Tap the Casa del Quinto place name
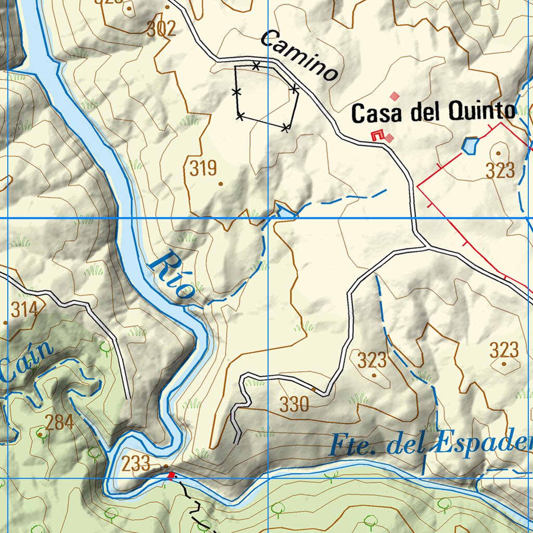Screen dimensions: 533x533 pyautogui.click(x=433, y=112)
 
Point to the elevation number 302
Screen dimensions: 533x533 pyautogui.click(x=161, y=29)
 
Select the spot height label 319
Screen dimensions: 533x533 pyautogui.click(x=203, y=169)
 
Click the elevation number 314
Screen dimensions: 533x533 pyautogui.click(x=25, y=310)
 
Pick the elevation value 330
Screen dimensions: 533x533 pyautogui.click(x=295, y=404)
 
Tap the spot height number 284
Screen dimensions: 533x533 pyautogui.click(x=59, y=422)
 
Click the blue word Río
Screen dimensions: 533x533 pyautogui.click(x=172, y=275)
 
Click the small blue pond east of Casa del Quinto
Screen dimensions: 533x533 pyautogui.click(x=470, y=145)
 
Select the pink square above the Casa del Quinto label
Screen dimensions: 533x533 pyautogui.click(x=395, y=96)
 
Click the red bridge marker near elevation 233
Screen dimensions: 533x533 pyautogui.click(x=170, y=475)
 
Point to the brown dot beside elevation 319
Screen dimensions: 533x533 pyautogui.click(x=221, y=184)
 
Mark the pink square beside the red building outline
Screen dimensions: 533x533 pyautogui.click(x=389, y=138)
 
